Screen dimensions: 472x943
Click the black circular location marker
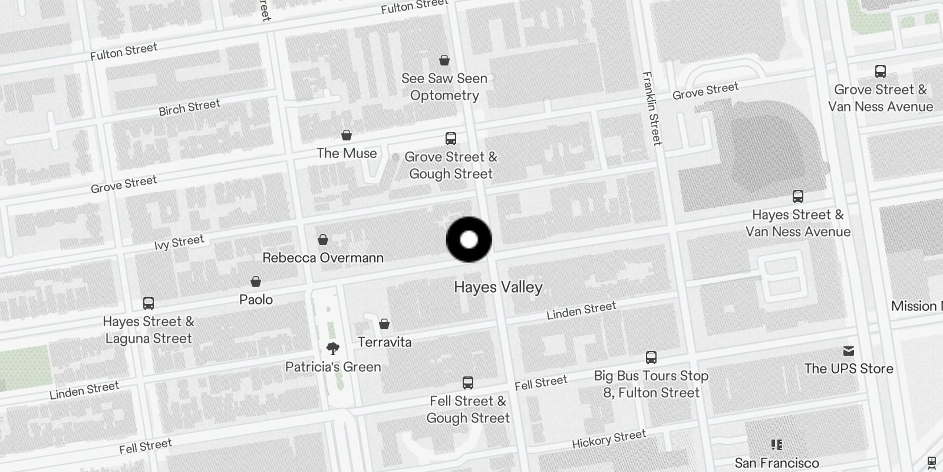[x=469, y=240]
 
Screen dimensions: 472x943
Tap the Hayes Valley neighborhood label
[x=498, y=287]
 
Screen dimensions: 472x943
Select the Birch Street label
[x=189, y=107]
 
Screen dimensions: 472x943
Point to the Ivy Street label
[x=179, y=242]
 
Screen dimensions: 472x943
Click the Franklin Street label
[x=652, y=108]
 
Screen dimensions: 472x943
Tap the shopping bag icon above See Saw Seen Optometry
[x=444, y=60]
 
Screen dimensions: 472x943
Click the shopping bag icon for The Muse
[x=347, y=135]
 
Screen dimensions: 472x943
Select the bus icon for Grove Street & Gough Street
[x=451, y=139]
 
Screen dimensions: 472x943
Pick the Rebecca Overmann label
[x=323, y=258]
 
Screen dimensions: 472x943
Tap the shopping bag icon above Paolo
[x=256, y=281]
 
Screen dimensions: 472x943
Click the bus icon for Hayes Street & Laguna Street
[x=149, y=303]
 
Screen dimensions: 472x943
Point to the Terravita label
[x=385, y=342]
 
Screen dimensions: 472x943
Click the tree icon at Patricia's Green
[x=333, y=348]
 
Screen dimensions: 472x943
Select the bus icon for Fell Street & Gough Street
[x=468, y=382]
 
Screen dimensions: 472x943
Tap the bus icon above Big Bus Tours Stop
[x=651, y=357]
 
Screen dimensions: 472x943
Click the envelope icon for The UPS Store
[x=849, y=351]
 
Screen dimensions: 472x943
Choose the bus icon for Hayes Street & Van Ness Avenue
[x=798, y=196]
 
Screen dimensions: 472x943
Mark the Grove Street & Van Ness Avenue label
[x=881, y=98]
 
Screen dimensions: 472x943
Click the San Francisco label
[x=777, y=463]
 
